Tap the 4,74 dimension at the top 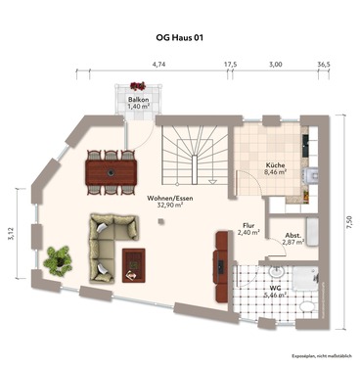click(158, 65)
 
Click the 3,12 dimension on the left click(12, 233)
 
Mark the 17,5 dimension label click(231, 65)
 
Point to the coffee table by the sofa click(132, 260)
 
